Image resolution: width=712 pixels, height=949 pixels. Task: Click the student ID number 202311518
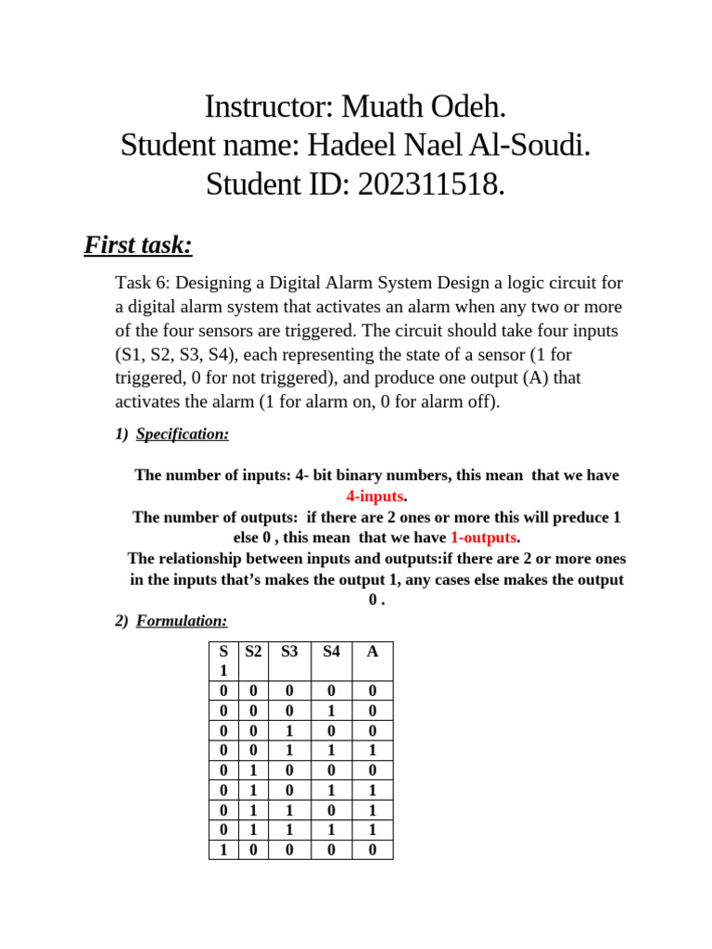click(x=430, y=184)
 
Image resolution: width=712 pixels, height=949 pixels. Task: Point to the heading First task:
click(x=138, y=245)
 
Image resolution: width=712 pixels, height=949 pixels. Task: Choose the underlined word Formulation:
click(x=182, y=621)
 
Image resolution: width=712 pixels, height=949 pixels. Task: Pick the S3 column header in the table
click(x=289, y=652)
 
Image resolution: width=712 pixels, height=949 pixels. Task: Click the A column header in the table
click(x=373, y=652)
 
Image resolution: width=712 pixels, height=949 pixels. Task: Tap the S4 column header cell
click(x=331, y=652)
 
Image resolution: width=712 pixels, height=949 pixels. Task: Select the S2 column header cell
click(x=252, y=652)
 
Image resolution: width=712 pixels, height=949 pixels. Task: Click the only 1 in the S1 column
click(x=222, y=849)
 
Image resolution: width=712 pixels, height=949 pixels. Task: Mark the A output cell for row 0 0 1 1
click(x=373, y=751)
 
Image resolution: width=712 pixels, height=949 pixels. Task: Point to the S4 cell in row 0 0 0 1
click(x=331, y=711)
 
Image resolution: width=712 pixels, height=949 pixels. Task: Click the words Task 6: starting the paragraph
click(x=143, y=283)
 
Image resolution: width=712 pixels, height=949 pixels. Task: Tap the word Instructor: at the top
click(x=270, y=107)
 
